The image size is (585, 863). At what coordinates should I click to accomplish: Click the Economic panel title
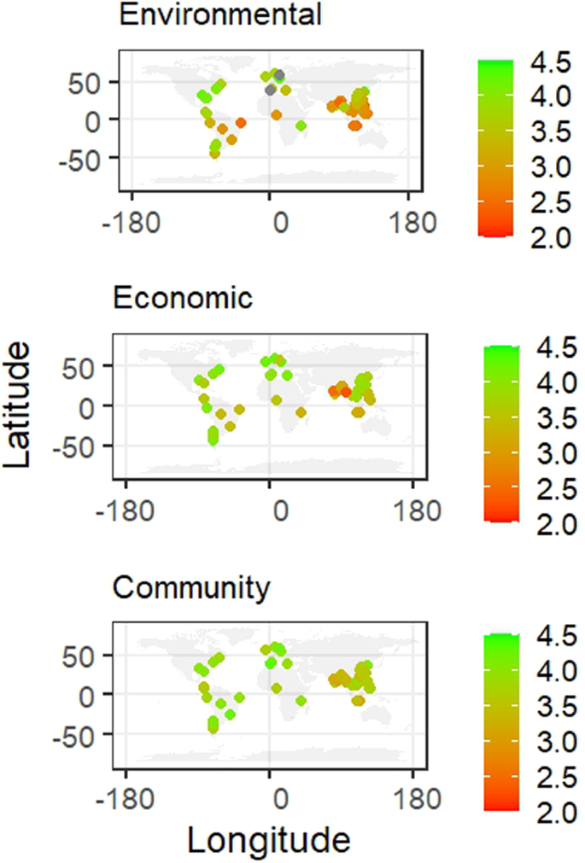(x=183, y=299)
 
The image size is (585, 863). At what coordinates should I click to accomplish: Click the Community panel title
(x=192, y=587)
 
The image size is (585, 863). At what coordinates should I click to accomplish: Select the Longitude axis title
(x=268, y=840)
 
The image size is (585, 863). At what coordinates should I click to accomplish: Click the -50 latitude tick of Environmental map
(x=81, y=157)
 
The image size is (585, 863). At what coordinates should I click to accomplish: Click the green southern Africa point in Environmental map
(x=301, y=125)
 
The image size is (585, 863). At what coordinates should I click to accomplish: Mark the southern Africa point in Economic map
(x=301, y=412)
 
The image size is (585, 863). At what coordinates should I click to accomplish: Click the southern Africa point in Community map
(x=301, y=700)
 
